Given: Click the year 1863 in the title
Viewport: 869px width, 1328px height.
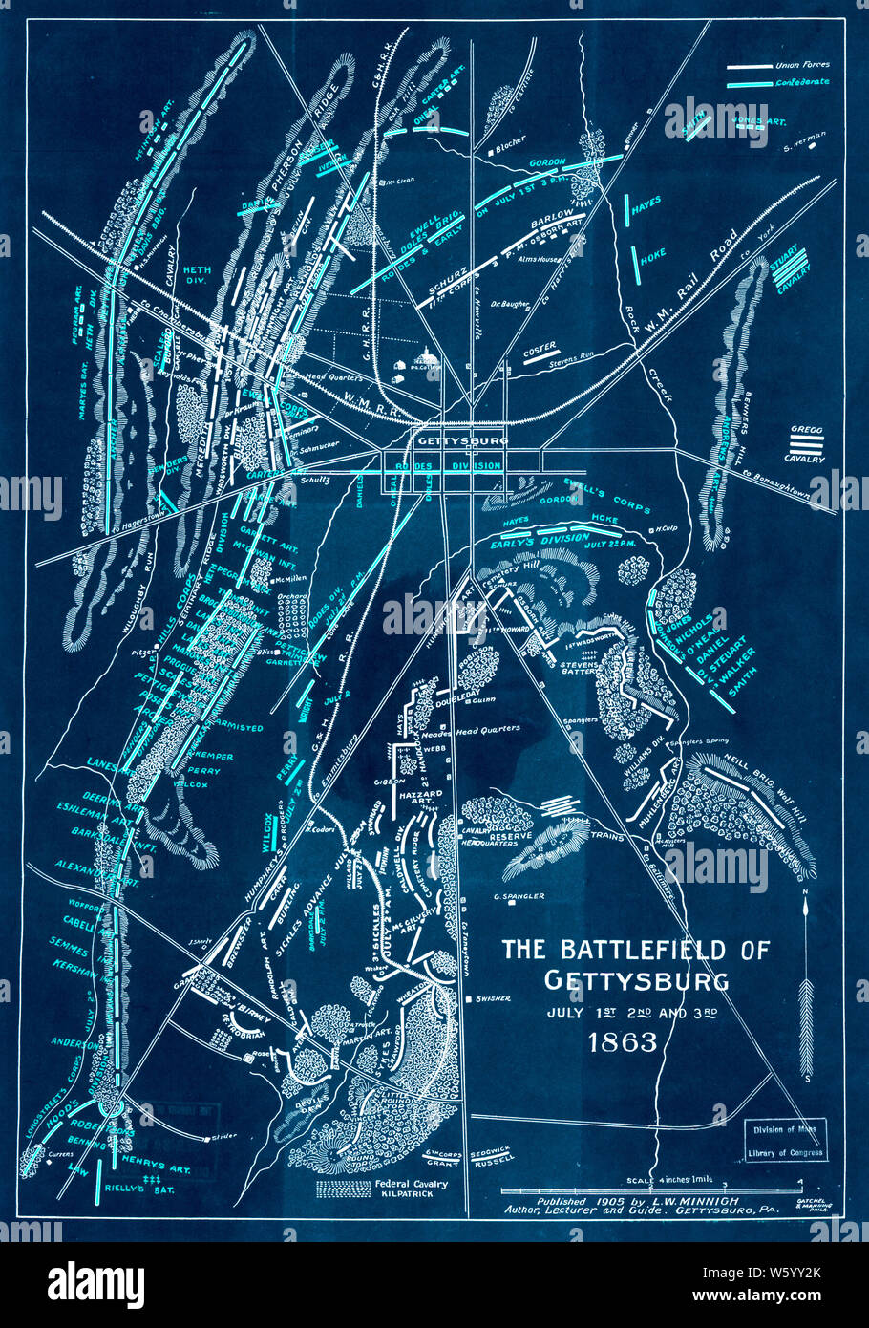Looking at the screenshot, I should pyautogui.click(x=623, y=1041).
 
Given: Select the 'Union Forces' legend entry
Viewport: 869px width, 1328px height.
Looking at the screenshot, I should pyautogui.click(x=802, y=66).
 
